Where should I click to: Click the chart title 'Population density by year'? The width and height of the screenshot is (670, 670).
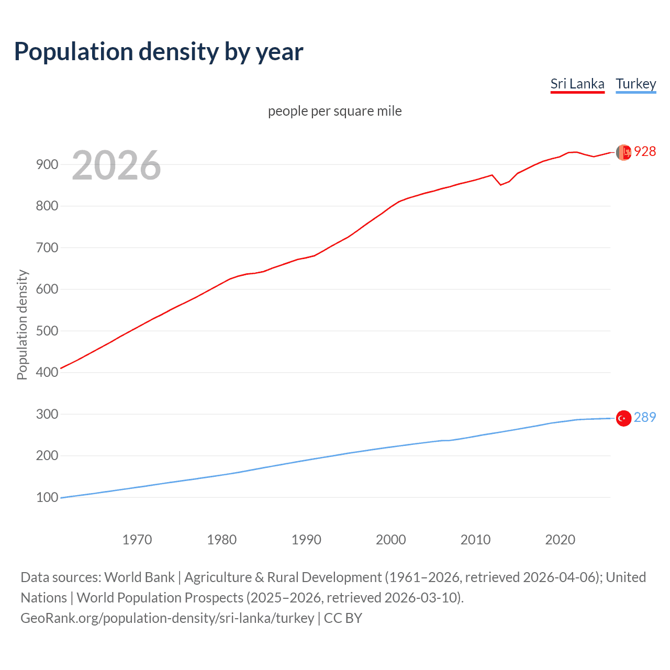159,52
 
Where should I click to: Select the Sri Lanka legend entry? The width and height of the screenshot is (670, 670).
577,84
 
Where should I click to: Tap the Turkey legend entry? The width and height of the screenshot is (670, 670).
635,84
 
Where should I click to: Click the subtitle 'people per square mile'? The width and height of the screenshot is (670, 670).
334,111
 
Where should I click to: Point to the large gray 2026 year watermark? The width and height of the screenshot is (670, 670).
116,165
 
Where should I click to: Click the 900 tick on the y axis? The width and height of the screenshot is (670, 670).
47,164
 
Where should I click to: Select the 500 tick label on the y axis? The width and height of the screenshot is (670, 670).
47,331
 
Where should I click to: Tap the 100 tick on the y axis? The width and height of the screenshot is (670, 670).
47,497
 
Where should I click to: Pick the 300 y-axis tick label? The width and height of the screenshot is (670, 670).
47,414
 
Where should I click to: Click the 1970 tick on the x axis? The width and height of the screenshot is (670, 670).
137,540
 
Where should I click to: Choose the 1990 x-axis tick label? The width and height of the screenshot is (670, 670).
306,540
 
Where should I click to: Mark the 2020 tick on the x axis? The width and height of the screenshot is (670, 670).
560,540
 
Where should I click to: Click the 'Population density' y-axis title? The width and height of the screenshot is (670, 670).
22,325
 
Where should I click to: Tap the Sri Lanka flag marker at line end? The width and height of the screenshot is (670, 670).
623,152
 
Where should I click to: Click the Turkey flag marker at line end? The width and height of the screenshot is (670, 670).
623,418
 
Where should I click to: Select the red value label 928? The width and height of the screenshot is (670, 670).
645,152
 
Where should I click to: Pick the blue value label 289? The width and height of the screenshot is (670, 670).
645,418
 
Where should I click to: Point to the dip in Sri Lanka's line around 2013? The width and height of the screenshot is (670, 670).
500,184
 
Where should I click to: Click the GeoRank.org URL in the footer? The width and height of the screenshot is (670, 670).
167,618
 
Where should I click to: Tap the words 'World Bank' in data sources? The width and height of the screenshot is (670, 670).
139,577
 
